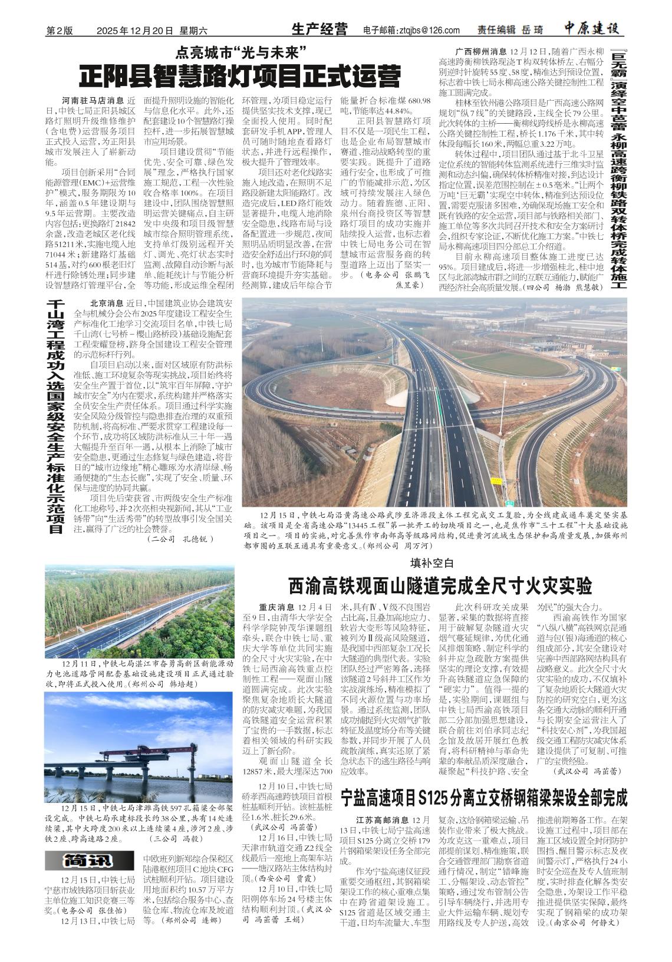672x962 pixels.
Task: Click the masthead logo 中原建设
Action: tap(591, 29)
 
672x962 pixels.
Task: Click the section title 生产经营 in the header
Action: tap(319, 29)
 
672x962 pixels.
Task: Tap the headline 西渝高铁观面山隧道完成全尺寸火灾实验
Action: tap(440, 586)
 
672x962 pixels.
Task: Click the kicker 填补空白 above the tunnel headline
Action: tap(431, 562)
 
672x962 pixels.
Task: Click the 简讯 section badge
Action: tap(87, 860)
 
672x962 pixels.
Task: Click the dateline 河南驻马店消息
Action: tap(91, 101)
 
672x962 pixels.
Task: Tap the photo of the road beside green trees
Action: tap(139, 611)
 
